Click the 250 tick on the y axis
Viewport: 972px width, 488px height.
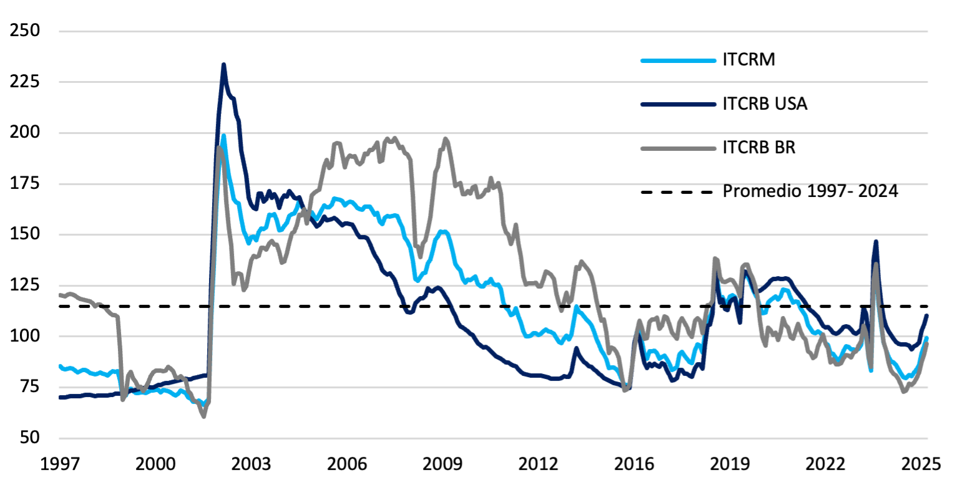23,31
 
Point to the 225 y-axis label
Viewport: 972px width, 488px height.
23,82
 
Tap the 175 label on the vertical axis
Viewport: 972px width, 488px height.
23,184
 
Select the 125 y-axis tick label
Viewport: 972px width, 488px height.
23,285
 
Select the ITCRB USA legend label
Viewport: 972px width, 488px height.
765,105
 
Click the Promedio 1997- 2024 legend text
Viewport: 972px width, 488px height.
810,191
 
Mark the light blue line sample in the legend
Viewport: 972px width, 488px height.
677,61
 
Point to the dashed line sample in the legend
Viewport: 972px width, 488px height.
677,192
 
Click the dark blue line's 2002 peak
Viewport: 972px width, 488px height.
223,64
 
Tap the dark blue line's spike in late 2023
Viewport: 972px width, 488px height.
876,241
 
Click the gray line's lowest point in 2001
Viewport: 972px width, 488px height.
204,416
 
